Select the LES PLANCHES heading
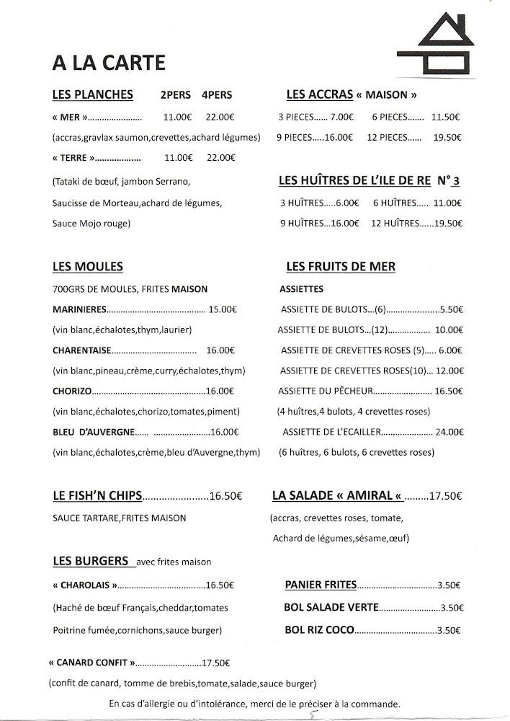(93, 94)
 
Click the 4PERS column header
(217, 95)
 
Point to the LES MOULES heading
(87, 267)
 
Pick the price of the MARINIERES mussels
(223, 310)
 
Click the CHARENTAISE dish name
(81, 350)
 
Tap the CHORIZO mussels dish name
(72, 392)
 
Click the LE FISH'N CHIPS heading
(97, 496)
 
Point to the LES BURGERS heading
(90, 560)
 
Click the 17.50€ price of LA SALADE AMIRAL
(444, 496)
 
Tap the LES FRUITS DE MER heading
(340, 267)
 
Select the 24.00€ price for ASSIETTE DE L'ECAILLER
(448, 433)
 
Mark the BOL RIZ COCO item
(319, 629)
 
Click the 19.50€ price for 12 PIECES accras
(447, 136)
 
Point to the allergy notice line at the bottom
(254, 704)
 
